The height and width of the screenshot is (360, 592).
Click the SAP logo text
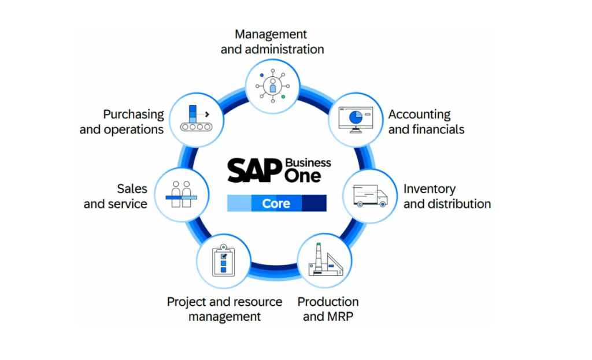coord(254,171)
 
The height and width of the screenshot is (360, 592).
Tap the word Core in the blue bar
coord(276,203)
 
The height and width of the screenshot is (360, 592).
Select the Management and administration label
coord(272,42)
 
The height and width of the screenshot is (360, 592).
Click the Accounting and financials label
coord(426,122)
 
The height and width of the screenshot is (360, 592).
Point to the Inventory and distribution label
coord(447,196)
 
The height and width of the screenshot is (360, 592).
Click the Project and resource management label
coord(224,309)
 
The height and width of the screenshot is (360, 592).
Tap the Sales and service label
coord(116,196)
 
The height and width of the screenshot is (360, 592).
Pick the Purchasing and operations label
coord(122,122)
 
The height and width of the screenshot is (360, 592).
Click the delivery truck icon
coord(370,196)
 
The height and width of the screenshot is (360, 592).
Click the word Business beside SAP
coord(308,162)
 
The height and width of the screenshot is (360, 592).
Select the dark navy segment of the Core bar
coord(314,203)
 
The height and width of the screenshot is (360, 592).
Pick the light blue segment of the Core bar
coord(239,203)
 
